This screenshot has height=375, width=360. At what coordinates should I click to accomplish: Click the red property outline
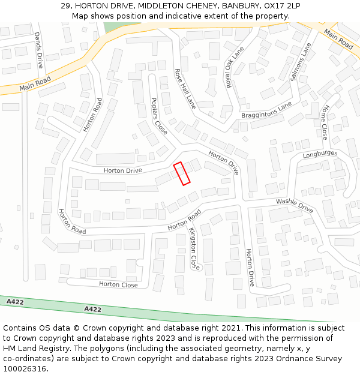coord(181,173)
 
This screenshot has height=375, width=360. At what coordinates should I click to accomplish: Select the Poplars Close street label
coord(159,116)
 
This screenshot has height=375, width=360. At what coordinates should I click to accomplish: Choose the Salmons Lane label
coord(301,62)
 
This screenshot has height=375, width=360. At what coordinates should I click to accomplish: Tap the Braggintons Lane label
coord(266,110)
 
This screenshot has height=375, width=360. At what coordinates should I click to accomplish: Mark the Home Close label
coord(325,122)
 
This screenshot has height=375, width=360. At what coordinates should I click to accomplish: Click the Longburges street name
coord(320,154)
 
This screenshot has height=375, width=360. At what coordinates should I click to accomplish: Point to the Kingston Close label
coord(194,248)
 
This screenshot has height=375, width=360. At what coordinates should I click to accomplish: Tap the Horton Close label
coord(118,284)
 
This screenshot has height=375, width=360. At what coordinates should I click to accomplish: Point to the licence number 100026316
coord(25,369)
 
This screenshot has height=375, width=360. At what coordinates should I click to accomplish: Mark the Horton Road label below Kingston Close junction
coord(184,220)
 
